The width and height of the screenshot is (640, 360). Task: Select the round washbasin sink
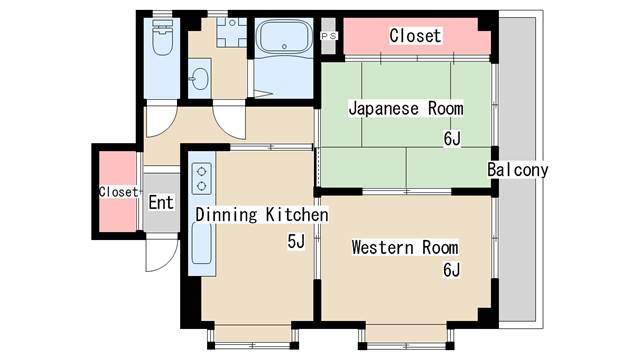[198, 79]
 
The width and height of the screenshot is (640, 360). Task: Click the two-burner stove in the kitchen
[200, 178]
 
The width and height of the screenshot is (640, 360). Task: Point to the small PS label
[329, 36]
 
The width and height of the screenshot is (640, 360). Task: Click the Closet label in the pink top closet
[415, 36]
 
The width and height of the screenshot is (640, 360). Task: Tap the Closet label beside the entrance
[118, 191]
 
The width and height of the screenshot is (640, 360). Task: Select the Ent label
[161, 202]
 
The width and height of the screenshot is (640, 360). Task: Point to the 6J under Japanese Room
[452, 138]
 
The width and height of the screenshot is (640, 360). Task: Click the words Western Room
[404, 247]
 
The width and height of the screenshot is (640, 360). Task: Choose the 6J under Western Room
[452, 270]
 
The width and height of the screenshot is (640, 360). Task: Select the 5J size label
[296, 241]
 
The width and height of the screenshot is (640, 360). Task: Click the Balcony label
[518, 170]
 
